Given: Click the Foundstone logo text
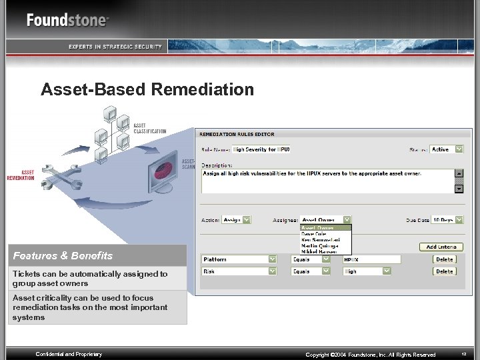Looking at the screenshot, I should pyautogui.click(x=67, y=20).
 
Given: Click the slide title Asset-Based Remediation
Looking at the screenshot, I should pyautogui.click(x=147, y=89).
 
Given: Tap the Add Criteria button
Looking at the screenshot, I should pyautogui.click(x=441, y=247).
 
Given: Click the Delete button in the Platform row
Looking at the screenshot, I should pyautogui.click(x=444, y=259).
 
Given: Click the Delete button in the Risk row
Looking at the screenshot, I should pyautogui.click(x=444, y=271).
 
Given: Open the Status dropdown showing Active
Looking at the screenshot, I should pyautogui.click(x=446, y=149).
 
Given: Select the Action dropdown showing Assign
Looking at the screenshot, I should pyautogui.click(x=237, y=219).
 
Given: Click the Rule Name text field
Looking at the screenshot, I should pyautogui.click(x=261, y=149).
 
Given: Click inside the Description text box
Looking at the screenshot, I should pyautogui.click(x=327, y=181).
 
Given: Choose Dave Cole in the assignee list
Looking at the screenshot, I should pyautogui.click(x=315, y=234).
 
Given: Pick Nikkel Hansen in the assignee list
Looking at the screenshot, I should pyautogui.click(x=319, y=251).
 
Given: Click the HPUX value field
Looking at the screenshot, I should pyautogui.click(x=371, y=259).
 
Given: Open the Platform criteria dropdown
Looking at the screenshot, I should pyautogui.click(x=239, y=259).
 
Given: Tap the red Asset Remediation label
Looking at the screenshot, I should pyautogui.click(x=20, y=175).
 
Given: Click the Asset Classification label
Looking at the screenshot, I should pyautogui.click(x=149, y=128).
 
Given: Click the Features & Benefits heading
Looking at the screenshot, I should pyautogui.click(x=63, y=255).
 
